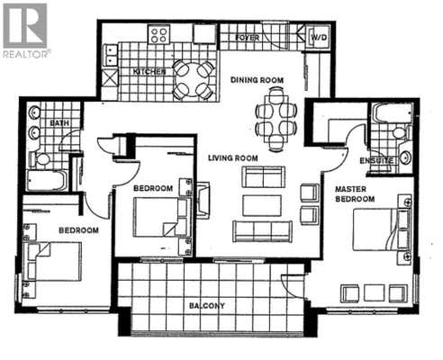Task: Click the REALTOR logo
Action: [x=26, y=30]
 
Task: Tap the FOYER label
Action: [x=248, y=38]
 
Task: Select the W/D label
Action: [x=319, y=38]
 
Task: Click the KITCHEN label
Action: [x=149, y=72]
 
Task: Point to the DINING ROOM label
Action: [x=257, y=80]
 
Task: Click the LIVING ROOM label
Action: [x=233, y=157]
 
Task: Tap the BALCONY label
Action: [x=207, y=306]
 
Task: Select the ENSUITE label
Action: [x=376, y=161]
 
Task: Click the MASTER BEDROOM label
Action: [x=355, y=194]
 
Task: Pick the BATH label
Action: [x=59, y=123]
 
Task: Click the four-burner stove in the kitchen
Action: [x=158, y=35]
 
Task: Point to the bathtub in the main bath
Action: [x=47, y=181]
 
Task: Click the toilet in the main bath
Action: [x=41, y=159]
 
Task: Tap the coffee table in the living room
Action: [x=262, y=205]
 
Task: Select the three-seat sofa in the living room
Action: [x=262, y=231]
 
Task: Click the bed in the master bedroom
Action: [x=381, y=229]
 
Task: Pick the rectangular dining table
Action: [x=276, y=120]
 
